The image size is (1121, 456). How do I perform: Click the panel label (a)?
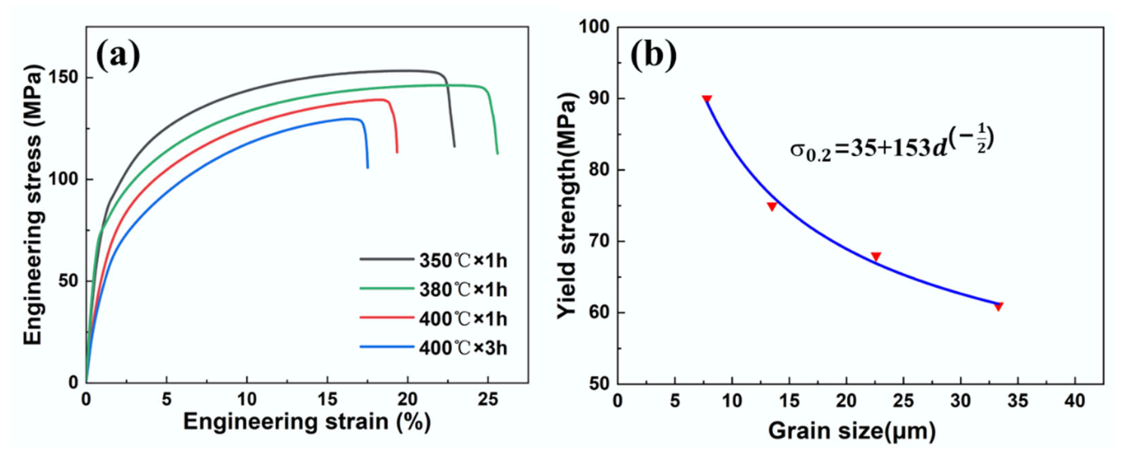pyautogui.click(x=118, y=55)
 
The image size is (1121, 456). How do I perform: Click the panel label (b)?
pyautogui.click(x=653, y=55)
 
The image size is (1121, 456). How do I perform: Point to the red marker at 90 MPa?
pyautogui.click(x=707, y=99)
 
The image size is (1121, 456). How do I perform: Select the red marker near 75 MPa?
pyautogui.click(x=772, y=206)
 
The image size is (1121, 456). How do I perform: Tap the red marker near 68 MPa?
pyautogui.click(x=876, y=257)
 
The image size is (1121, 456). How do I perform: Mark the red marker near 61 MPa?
pyautogui.click(x=998, y=307)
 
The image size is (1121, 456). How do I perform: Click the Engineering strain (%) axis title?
pyautogui.click(x=307, y=422)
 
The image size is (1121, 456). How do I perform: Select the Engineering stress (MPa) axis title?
pyautogui.click(x=34, y=205)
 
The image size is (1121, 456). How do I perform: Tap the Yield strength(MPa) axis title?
pyautogui.click(x=568, y=205)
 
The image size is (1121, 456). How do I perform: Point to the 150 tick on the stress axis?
pyautogui.click(x=67, y=78)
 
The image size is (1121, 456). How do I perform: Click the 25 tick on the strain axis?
pyautogui.click(x=488, y=399)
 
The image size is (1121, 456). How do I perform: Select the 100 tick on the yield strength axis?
pyautogui.click(x=594, y=27)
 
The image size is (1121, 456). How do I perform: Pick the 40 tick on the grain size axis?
pyautogui.click(x=1075, y=401)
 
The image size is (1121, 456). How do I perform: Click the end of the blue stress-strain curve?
pyautogui.click(x=367, y=167)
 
